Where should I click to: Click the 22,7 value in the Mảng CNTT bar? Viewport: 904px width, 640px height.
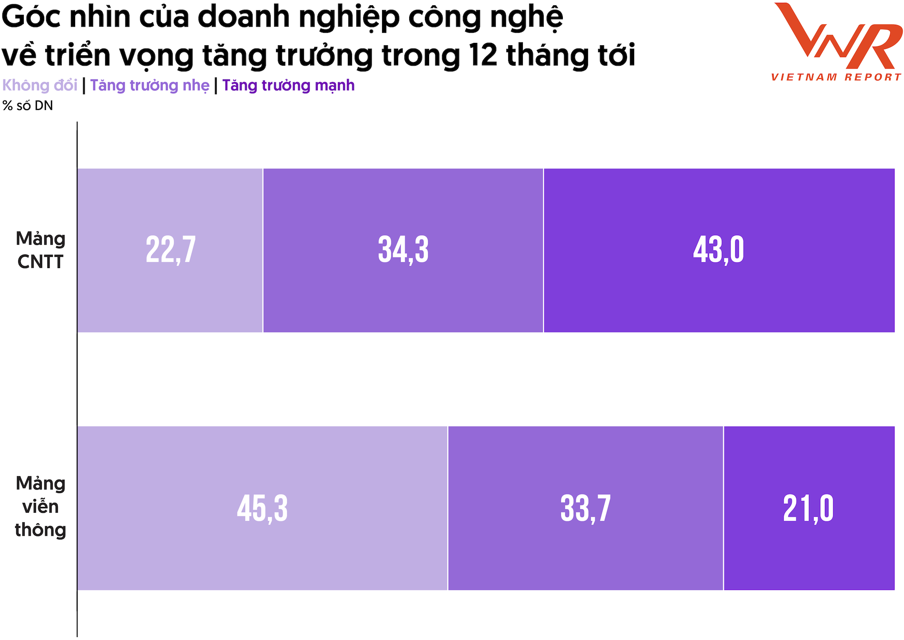coord(170,250)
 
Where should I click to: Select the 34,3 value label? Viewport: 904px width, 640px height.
coord(403,250)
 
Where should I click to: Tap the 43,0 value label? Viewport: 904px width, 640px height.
coord(718,250)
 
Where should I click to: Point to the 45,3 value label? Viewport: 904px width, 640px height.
coord(262,508)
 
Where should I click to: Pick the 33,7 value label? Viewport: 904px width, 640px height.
coord(585,508)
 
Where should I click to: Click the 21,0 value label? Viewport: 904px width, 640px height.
coord(808,508)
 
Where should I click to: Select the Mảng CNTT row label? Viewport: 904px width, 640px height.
coord(40,250)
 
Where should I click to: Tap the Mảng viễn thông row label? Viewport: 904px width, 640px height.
coord(40,507)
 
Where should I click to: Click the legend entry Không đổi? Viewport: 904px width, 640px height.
coord(39,85)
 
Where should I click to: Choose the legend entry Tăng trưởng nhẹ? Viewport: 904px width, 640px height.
coord(149,85)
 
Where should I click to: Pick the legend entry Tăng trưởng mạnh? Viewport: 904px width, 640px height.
coord(288,85)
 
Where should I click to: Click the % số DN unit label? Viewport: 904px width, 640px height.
coord(28,106)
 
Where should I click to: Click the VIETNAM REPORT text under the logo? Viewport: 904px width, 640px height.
coord(836,77)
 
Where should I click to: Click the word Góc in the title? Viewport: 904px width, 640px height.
coord(31,17)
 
